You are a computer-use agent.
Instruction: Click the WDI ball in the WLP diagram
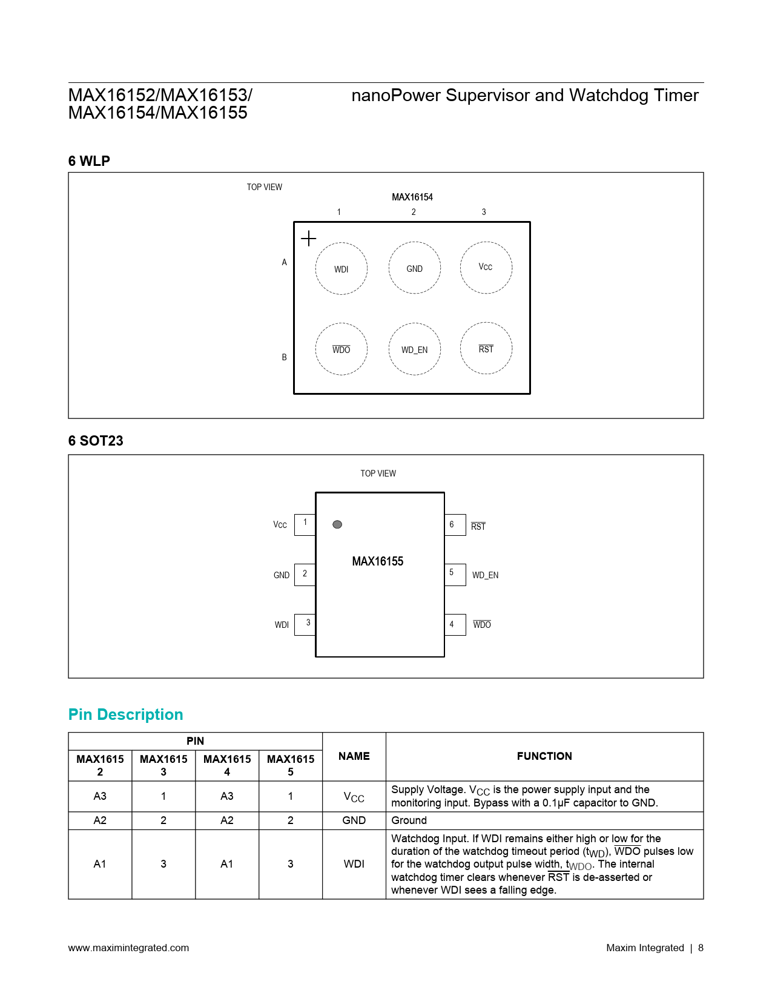(341, 268)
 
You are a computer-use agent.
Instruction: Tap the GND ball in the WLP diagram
(414, 268)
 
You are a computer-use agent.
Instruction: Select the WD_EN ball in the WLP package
(414, 349)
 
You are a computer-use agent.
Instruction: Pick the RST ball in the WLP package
(486, 348)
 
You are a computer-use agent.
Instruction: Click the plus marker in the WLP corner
(308, 239)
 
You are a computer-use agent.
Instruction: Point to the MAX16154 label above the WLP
(412, 197)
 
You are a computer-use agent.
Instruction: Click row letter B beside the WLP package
(284, 357)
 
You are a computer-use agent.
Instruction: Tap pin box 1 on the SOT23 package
(305, 524)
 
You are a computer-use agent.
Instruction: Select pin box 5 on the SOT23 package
(455, 574)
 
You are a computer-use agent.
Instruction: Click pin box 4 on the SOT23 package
(455, 624)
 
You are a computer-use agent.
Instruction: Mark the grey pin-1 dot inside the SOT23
(337, 524)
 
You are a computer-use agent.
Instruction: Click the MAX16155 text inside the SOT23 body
(377, 561)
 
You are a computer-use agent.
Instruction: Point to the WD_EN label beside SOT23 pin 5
(485, 575)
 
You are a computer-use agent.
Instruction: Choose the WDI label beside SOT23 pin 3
(282, 625)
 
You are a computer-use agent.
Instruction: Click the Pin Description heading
(125, 714)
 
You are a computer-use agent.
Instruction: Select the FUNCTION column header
(544, 756)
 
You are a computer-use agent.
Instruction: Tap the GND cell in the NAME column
(354, 820)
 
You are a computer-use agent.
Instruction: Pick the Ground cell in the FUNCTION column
(409, 820)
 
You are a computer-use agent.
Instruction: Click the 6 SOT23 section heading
(96, 441)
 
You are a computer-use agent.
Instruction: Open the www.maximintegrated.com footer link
(128, 948)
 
